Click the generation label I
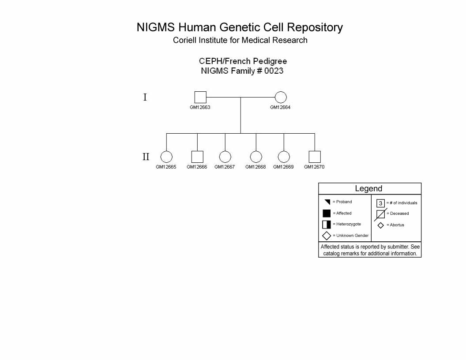[x=145, y=97]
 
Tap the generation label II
[x=146, y=157]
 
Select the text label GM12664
[x=280, y=107]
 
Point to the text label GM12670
[x=314, y=167]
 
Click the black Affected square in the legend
[x=327, y=213]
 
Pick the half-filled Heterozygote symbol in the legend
[x=327, y=225]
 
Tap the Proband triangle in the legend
[x=328, y=202]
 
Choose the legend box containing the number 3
[x=380, y=203]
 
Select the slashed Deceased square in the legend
[x=381, y=214]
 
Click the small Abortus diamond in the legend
[x=381, y=225]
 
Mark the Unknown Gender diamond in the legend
[x=327, y=236]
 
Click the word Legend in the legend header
[x=368, y=189]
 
